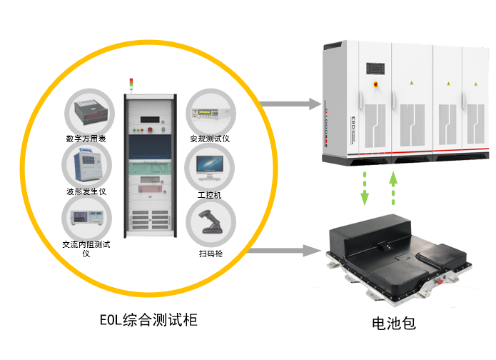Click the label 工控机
[x=209, y=194]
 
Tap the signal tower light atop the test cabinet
[x=130, y=84]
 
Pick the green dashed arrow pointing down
[x=365, y=187]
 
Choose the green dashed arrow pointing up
[x=393, y=187]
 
